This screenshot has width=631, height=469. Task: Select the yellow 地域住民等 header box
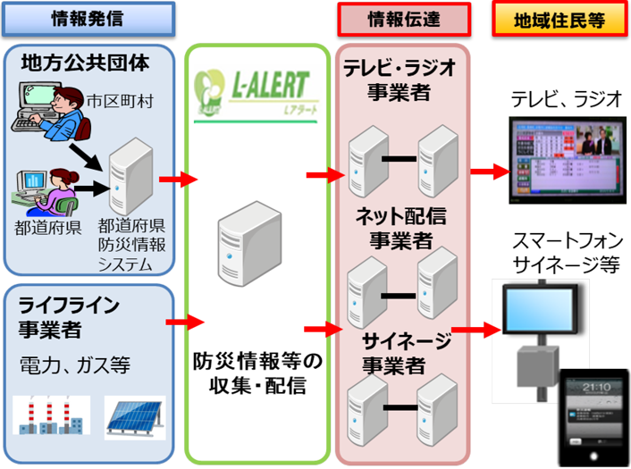coord(560,19)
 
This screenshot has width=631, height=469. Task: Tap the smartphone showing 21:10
coord(592,415)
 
